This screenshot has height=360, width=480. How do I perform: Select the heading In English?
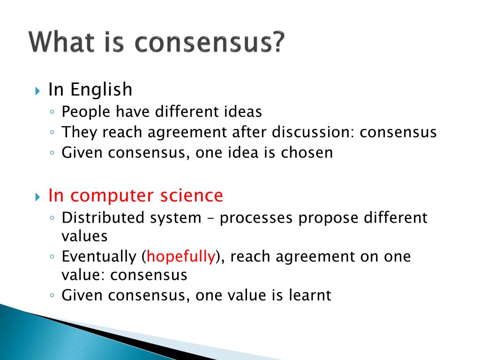(x=90, y=89)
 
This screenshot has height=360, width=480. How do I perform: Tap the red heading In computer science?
(x=135, y=195)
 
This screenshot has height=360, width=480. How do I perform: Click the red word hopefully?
(x=181, y=256)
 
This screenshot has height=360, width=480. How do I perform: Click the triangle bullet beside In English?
(x=38, y=90)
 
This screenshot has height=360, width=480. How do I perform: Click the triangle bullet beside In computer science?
(x=38, y=196)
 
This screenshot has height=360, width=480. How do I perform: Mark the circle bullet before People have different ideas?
(x=52, y=112)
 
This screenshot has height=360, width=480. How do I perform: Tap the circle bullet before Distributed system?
(x=52, y=218)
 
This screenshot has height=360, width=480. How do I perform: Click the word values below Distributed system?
(x=84, y=236)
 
